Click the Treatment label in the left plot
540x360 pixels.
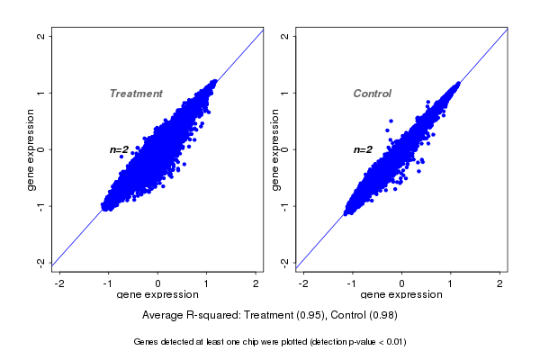point(136,94)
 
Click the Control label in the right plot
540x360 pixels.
point(373,94)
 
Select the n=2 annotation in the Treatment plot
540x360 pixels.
point(120,149)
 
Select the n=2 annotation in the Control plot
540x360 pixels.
point(363,149)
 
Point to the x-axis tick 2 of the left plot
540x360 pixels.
point(256,283)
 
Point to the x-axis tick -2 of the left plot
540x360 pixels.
point(59,283)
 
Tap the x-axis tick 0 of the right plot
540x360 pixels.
point(402,283)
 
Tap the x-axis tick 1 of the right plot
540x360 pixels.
point(451,283)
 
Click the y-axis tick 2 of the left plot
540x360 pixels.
point(41,36)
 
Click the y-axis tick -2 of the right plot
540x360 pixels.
point(285,262)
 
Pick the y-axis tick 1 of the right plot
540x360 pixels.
point(285,93)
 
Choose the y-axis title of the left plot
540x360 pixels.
point(31,149)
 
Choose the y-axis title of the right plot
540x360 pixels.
point(275,149)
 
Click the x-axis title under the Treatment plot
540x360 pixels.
point(157,295)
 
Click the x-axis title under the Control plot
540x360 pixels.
point(401,295)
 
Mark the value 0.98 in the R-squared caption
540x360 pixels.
point(382,316)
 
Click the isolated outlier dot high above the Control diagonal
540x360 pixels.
point(391,121)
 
